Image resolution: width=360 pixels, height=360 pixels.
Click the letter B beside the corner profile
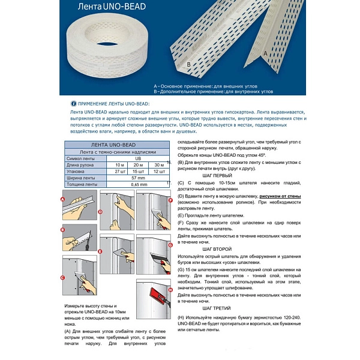point(189,63)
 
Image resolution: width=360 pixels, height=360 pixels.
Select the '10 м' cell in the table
point(119,164)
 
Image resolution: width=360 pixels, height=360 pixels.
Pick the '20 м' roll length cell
point(139,164)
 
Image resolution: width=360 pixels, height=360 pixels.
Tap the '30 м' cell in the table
point(159,164)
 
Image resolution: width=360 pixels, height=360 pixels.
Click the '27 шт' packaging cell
point(119,171)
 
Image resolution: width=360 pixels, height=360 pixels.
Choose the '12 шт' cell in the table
point(159,171)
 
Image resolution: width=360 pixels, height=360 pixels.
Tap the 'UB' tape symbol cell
point(139,158)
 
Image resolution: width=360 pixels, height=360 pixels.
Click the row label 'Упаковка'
point(77,171)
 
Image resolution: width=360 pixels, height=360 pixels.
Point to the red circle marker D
point(101,212)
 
